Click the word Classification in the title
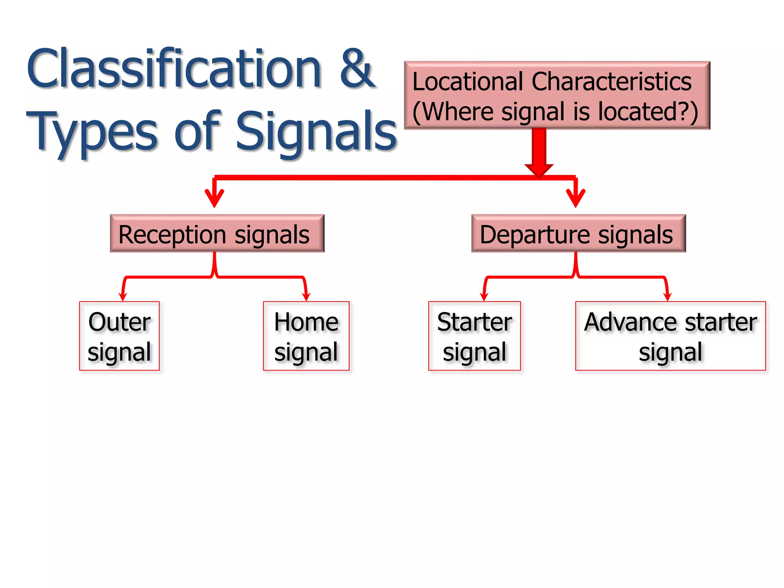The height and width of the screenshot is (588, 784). pyautogui.click(x=174, y=69)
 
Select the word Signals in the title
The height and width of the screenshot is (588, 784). pyautogui.click(x=316, y=132)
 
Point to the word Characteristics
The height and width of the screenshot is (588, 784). pyautogui.click(x=611, y=82)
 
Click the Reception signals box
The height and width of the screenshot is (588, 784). pyautogui.click(x=217, y=234)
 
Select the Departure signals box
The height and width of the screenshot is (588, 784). pyautogui.click(x=578, y=234)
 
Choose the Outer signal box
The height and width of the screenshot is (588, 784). pyautogui.click(x=119, y=336)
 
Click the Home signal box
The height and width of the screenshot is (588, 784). pyautogui.click(x=306, y=336)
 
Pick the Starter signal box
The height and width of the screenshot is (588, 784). pyautogui.click(x=474, y=336)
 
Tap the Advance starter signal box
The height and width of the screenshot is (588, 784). pyautogui.click(x=670, y=336)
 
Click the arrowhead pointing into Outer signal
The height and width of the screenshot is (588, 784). pyautogui.click(x=122, y=296)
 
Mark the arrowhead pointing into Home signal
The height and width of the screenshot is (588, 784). pyautogui.click(x=306, y=296)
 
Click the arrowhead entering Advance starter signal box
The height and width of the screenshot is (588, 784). pyautogui.click(x=667, y=296)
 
